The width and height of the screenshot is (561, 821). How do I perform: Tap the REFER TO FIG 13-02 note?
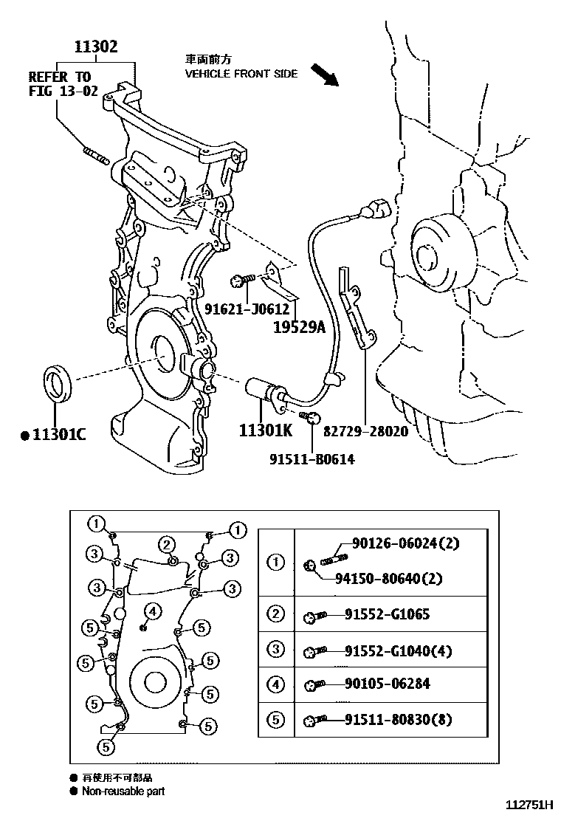(63, 84)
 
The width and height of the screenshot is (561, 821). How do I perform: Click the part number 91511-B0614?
(312, 459)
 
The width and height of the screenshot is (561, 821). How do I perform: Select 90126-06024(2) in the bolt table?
(402, 545)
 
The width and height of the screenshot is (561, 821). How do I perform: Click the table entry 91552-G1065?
(387, 614)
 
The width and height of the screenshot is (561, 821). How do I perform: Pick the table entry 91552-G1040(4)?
(398, 650)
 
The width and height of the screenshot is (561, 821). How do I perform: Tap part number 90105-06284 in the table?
(387, 684)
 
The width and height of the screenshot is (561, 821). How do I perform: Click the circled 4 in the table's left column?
(275, 684)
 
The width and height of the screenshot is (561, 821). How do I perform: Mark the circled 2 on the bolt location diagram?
(168, 545)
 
